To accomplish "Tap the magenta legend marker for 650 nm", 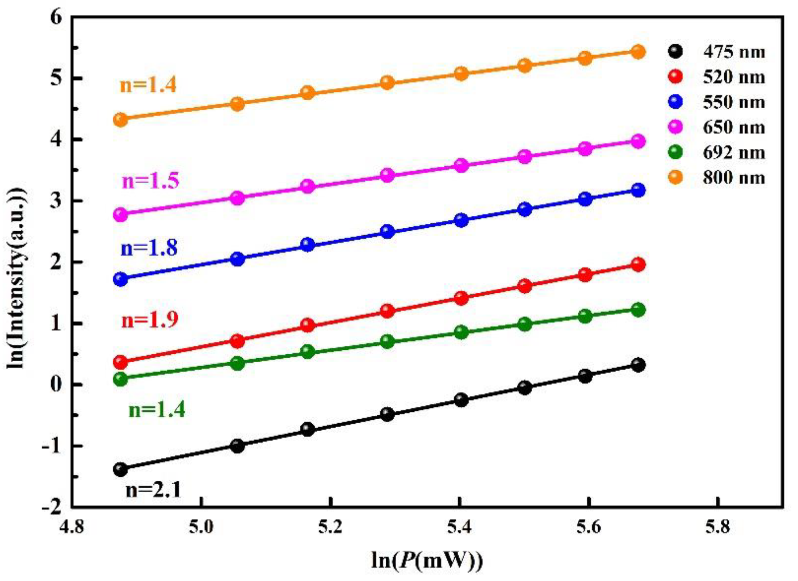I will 675,127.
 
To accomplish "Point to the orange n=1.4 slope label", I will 148,86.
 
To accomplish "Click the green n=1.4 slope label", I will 156,410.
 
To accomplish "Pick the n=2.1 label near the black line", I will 153,490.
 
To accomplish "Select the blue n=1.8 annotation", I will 149,248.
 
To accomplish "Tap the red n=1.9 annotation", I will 149,320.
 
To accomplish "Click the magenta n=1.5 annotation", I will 150,180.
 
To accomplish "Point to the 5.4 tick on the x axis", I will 459,528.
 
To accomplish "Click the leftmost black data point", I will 121,469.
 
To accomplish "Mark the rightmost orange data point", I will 638,52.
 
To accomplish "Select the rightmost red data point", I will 638,265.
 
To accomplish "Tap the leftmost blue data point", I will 121,279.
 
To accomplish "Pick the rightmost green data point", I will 638,310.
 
